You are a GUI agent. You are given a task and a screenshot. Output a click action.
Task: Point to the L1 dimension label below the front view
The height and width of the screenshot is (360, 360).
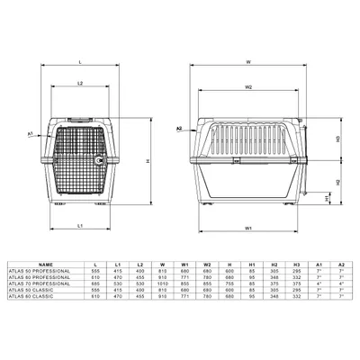tap(80, 224)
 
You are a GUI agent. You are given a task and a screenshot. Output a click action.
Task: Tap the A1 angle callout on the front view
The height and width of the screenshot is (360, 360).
tap(31, 133)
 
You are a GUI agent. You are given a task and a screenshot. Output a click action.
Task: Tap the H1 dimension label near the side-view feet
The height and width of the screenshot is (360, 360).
tap(327, 197)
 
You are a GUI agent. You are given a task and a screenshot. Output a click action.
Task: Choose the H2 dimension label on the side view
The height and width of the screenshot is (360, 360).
tap(336, 181)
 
